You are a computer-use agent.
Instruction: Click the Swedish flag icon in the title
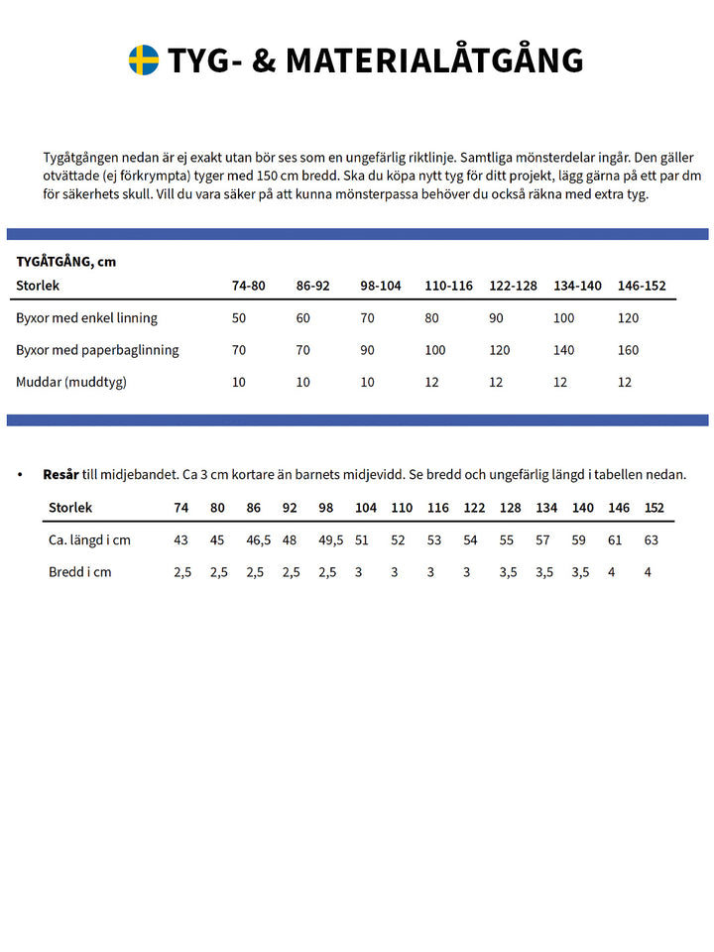click(144, 60)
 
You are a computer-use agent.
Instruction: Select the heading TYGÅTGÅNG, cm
click(66, 262)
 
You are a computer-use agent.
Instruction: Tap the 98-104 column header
click(381, 286)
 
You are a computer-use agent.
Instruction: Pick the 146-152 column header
click(642, 286)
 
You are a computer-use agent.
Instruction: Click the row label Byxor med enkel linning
click(87, 318)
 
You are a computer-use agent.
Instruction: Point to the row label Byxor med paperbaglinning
click(98, 350)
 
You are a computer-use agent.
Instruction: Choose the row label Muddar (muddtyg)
click(71, 382)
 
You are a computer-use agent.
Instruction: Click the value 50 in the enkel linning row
click(239, 318)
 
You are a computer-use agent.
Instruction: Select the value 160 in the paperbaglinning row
click(628, 350)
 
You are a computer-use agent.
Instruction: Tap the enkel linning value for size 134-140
click(563, 318)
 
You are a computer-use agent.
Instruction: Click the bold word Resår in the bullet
click(60, 475)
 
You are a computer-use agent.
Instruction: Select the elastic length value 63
click(652, 540)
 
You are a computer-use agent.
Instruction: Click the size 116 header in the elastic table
click(437, 508)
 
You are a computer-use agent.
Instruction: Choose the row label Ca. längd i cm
click(90, 540)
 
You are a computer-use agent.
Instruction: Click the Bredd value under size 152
click(648, 572)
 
